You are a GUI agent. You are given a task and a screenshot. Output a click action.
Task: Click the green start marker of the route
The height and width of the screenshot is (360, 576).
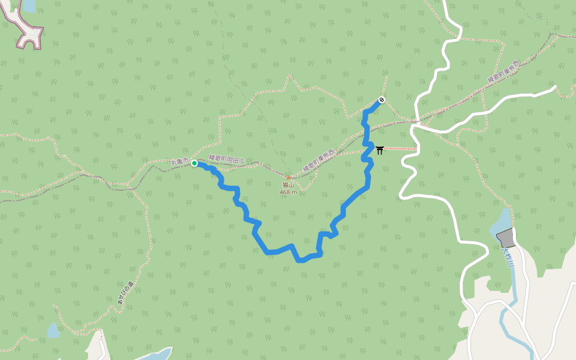[x=194, y=163]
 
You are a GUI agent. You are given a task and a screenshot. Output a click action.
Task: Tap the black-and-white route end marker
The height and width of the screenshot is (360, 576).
[x=381, y=100]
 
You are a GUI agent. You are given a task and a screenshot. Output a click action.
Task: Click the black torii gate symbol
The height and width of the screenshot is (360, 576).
[x=380, y=149]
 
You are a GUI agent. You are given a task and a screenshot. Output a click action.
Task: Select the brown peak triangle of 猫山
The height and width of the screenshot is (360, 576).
[x=289, y=178]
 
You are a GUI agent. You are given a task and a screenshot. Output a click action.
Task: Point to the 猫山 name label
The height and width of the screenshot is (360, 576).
[x=289, y=185]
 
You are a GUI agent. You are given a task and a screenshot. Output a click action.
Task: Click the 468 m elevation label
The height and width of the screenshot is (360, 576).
[x=289, y=192]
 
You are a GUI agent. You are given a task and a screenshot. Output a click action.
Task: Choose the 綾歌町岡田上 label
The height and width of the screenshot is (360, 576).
[x=227, y=159]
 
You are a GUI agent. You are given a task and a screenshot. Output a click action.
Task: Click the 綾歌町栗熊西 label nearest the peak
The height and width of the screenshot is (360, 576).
[x=319, y=161]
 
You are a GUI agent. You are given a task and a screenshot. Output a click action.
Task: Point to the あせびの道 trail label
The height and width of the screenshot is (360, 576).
[x=125, y=293]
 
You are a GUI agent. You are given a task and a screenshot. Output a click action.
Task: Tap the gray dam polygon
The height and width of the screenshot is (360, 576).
[x=506, y=238]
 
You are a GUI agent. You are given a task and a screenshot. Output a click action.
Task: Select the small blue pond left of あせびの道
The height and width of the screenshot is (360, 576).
[x=53, y=330]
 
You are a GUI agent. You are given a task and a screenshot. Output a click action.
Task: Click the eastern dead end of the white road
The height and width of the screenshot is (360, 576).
[x=554, y=88]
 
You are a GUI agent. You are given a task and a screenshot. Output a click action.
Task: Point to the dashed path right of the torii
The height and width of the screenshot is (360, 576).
[x=399, y=148]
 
